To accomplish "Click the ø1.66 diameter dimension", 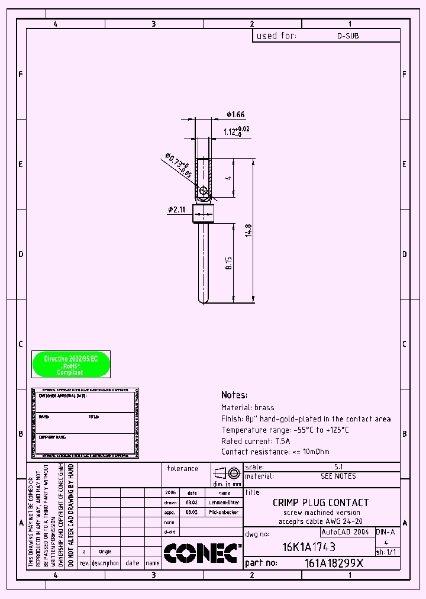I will point(235,114).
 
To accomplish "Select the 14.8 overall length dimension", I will point(249,230).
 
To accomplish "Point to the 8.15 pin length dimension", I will point(229,263).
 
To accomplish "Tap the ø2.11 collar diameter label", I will point(176,209).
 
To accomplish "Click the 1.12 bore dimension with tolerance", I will point(235,131).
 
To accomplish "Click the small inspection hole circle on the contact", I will point(204,191).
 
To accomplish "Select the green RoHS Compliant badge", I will point(70,365).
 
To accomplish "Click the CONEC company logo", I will point(202,553).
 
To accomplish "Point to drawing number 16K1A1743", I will point(309,548).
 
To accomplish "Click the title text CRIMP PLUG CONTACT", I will point(320,503).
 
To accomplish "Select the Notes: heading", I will point(234,395).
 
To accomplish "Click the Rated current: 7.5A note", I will point(256,441).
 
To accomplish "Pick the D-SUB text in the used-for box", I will point(347,36).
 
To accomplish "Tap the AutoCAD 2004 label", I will point(346,532).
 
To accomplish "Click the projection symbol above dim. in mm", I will point(227,473).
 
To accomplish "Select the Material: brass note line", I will point(248,408).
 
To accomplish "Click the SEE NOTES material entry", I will point(338,476).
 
